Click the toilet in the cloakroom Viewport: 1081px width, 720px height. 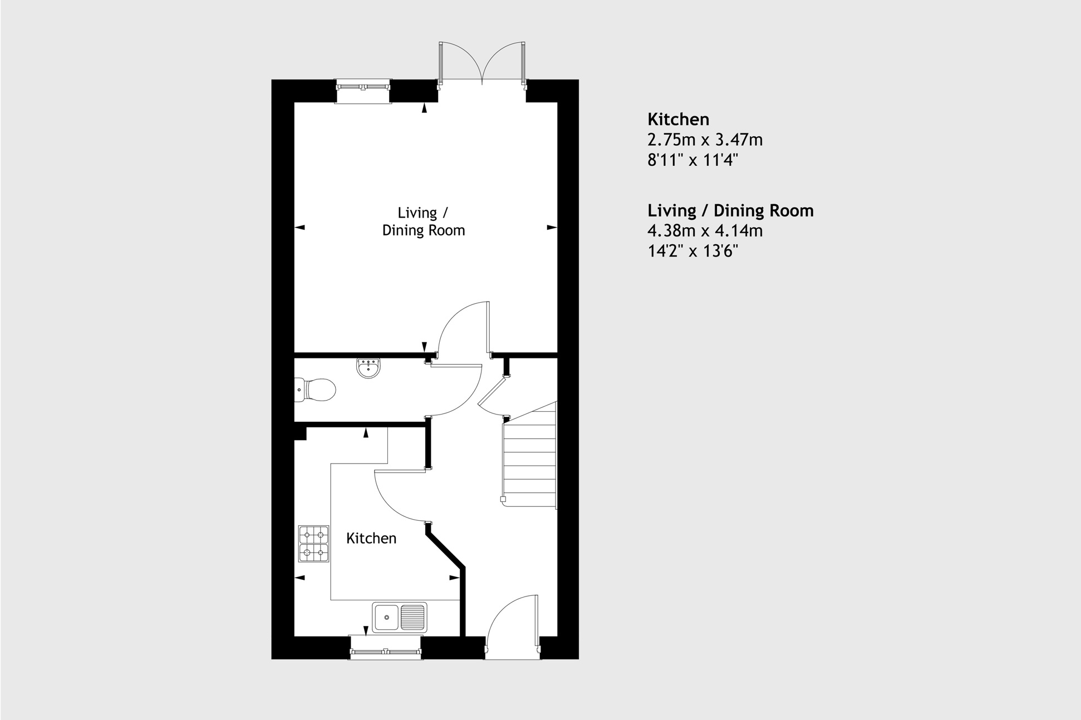point(316,389)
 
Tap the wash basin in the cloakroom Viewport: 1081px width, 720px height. point(368,368)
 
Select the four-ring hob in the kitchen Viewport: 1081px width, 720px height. point(314,544)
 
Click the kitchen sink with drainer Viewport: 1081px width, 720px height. point(399,617)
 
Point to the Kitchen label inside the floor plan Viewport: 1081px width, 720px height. point(371,538)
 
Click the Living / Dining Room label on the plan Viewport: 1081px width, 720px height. point(423,221)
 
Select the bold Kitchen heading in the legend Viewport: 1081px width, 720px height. point(678,119)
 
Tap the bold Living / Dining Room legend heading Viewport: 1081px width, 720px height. point(730,210)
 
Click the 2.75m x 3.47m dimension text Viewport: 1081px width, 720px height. point(705,140)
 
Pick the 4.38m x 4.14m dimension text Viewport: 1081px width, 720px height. point(705,230)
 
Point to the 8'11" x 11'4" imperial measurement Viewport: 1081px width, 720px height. point(692,160)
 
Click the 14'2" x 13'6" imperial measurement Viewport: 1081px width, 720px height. point(692,251)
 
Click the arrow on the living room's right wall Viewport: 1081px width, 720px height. point(552,227)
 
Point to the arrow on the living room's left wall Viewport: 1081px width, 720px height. point(300,227)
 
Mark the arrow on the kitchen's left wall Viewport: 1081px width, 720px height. point(300,578)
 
